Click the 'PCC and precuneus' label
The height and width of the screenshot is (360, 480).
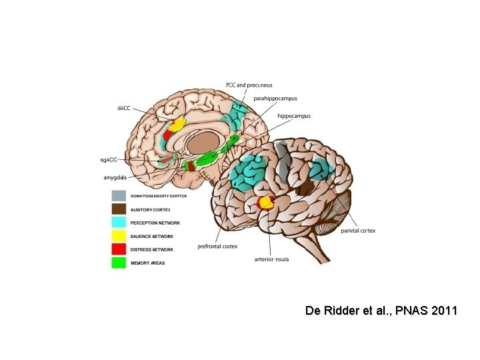click(x=249, y=85)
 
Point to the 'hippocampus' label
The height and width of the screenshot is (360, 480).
click(x=293, y=116)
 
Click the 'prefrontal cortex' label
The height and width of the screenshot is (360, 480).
click(x=217, y=246)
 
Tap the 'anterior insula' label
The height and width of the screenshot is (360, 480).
click(x=272, y=259)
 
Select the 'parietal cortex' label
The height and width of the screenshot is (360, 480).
click(x=358, y=231)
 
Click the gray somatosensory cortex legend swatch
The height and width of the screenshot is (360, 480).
click(x=119, y=196)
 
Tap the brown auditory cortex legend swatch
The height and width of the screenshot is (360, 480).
click(x=119, y=209)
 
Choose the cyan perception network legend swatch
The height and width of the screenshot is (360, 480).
click(x=119, y=223)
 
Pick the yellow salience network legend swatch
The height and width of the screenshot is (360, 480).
click(x=119, y=236)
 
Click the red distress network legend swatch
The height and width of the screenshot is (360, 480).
click(x=119, y=249)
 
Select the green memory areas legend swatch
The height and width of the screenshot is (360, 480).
click(x=119, y=263)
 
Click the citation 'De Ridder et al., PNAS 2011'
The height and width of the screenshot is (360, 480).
click(x=381, y=311)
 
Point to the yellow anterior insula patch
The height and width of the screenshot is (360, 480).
click(x=267, y=201)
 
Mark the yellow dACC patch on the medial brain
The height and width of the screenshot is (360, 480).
click(x=177, y=124)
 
